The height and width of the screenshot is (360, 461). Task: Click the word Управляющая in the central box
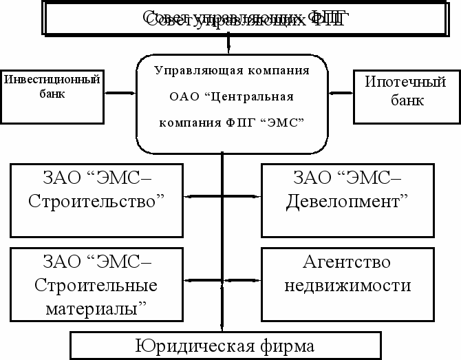pyautogui.click(x=193, y=71)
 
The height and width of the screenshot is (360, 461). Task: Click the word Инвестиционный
pyautogui.click(x=52, y=80)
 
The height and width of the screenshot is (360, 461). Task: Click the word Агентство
pyautogui.click(x=347, y=263)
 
